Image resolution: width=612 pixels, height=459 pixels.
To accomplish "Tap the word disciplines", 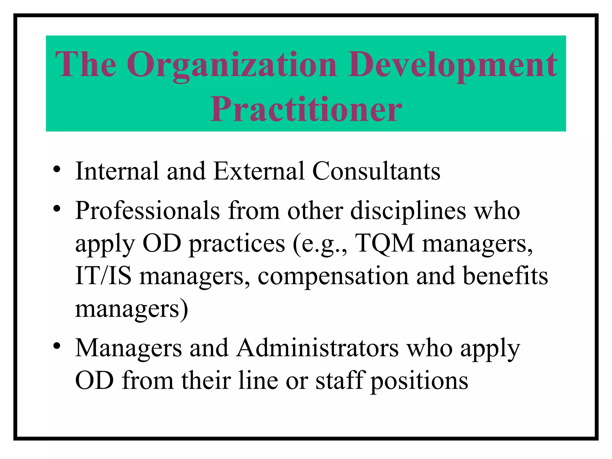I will click(408, 211).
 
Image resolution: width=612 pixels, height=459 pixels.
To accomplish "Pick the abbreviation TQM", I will click(385, 244).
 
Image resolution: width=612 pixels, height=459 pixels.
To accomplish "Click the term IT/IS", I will click(103, 276).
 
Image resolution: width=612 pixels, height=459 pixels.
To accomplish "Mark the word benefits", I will click(505, 276).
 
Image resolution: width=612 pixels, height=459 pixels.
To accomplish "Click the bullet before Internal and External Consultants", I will click(57, 171).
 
